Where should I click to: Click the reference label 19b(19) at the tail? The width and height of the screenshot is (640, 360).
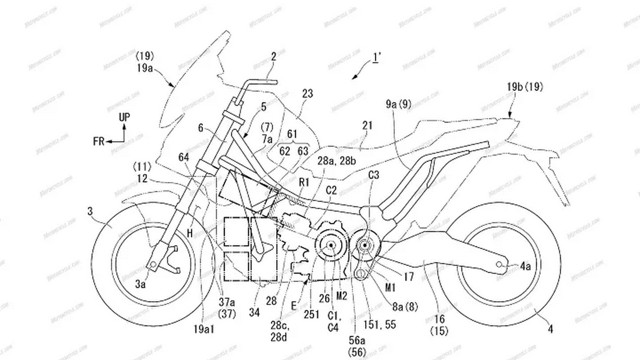click(525, 86)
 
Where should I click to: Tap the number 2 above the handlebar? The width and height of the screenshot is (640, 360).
click(274, 56)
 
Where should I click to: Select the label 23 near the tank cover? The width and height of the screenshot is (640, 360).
click(307, 94)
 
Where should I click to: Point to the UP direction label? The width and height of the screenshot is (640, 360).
click(124, 117)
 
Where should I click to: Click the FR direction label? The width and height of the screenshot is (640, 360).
click(99, 141)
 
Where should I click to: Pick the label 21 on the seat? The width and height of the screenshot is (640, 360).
click(367, 126)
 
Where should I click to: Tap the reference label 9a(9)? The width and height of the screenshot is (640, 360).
click(398, 105)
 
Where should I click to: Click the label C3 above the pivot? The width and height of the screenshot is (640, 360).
click(374, 175)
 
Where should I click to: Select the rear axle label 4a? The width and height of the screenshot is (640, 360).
click(526, 266)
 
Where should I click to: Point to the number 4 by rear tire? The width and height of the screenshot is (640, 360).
click(551, 329)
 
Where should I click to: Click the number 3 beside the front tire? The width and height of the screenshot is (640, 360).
click(91, 211)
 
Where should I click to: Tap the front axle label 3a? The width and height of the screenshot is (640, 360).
click(140, 284)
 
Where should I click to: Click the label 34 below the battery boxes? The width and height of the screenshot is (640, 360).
click(254, 312)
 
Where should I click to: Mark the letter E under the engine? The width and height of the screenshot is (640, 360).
click(294, 306)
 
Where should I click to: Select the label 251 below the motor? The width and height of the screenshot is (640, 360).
click(312, 314)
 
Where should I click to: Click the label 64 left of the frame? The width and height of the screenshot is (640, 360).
click(184, 158)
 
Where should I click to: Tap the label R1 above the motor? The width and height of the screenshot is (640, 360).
click(304, 182)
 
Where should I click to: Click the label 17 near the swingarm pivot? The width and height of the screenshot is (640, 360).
click(408, 277)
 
